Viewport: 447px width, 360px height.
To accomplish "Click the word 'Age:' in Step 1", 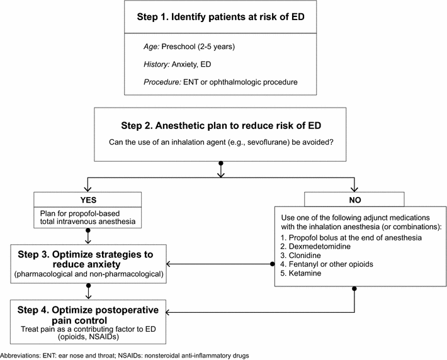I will pyautogui.click(x=153, y=47).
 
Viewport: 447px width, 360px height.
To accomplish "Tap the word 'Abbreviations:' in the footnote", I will pyautogui.click(x=20, y=356).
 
